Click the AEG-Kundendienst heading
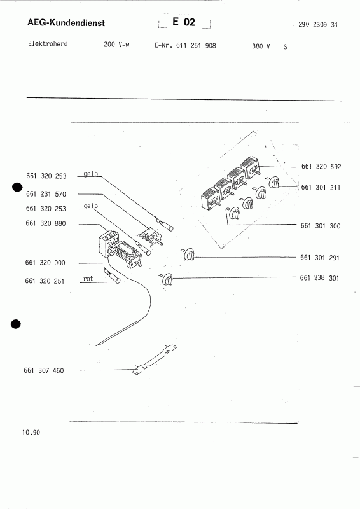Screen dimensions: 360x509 click(x=66, y=23)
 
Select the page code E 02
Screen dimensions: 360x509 click(x=184, y=22)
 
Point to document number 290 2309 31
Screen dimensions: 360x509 click(x=318, y=25)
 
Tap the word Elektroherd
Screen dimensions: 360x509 click(x=48, y=43)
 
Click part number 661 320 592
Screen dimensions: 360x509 click(x=321, y=167)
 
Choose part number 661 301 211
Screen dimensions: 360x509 click(x=321, y=187)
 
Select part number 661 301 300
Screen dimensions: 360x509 click(x=321, y=226)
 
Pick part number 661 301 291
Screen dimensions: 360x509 click(x=320, y=258)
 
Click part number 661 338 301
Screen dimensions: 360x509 click(x=319, y=277)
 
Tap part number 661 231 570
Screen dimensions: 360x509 click(x=46, y=194)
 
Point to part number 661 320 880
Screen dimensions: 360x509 click(x=45, y=223)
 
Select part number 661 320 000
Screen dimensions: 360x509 click(x=45, y=263)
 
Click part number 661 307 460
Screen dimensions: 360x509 click(x=44, y=370)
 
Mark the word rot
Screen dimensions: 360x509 click(x=88, y=279)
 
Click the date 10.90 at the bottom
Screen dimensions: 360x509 click(x=31, y=433)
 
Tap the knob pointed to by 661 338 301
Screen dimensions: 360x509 click(x=167, y=279)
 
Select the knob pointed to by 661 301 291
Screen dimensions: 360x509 click(x=189, y=254)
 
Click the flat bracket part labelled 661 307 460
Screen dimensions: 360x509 click(x=154, y=359)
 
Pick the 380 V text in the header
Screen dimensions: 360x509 click(x=261, y=46)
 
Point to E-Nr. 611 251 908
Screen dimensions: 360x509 click(x=185, y=45)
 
